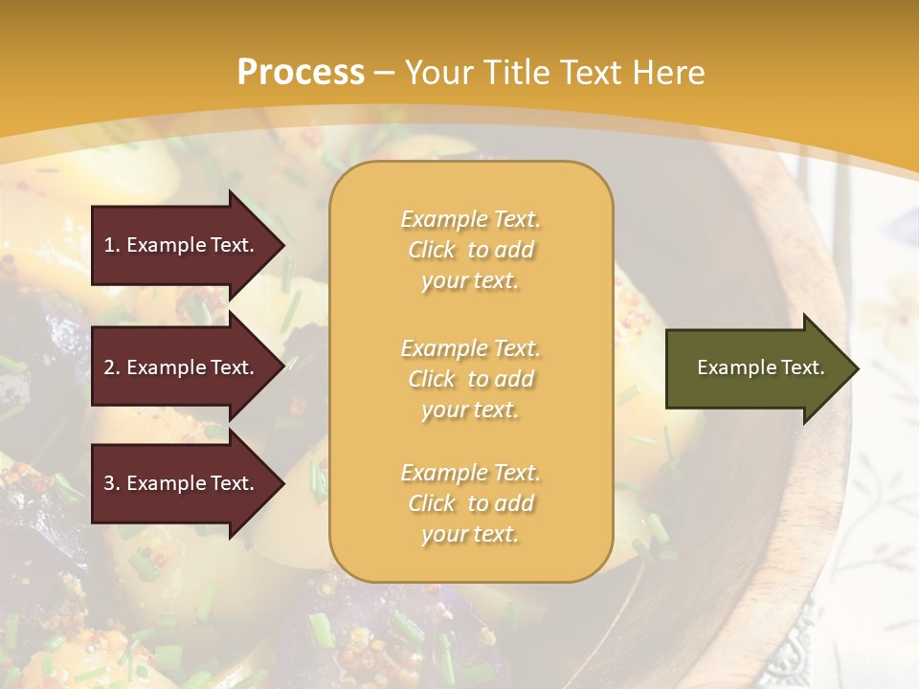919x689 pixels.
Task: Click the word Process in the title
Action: tap(301, 73)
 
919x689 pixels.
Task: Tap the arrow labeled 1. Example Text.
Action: tap(182, 245)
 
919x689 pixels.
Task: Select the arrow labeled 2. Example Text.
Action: tap(182, 367)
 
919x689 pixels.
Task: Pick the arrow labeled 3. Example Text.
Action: tap(182, 483)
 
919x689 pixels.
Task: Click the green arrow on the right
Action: tap(756, 368)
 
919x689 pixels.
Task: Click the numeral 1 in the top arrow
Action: tap(108, 245)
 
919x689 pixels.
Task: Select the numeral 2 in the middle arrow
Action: tap(108, 367)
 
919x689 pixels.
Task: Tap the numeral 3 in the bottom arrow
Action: tap(108, 483)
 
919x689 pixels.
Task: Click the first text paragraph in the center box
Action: tap(470, 250)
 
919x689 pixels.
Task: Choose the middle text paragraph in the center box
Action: tap(470, 379)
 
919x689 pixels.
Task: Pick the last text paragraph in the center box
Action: tap(470, 503)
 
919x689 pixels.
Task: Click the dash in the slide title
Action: tap(385, 73)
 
